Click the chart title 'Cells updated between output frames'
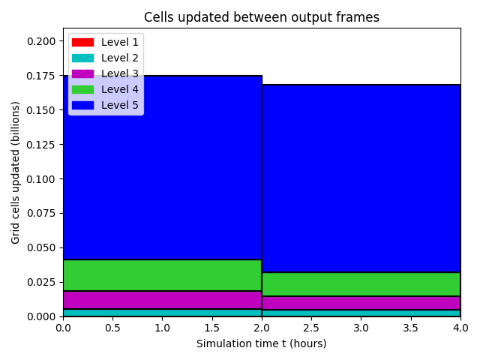(262, 17)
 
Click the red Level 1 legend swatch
(82, 42)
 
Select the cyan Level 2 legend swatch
(82, 58)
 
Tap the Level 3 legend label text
(120, 73)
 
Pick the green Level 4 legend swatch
(82, 90)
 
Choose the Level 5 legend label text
(120, 105)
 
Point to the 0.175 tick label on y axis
(41, 76)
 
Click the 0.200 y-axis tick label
(41, 41)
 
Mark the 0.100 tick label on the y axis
(41, 178)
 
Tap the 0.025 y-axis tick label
(41, 282)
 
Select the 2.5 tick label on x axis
(311, 328)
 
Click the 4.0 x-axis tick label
(460, 328)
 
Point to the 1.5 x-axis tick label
(211, 328)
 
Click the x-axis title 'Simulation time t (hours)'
(262, 343)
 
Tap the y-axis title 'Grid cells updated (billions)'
(15, 172)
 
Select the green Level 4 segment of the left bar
(162, 275)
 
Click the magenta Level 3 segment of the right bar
(361, 303)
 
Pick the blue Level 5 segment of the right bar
(361, 178)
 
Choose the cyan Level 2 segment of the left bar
(162, 313)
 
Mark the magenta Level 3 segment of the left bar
(162, 300)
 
